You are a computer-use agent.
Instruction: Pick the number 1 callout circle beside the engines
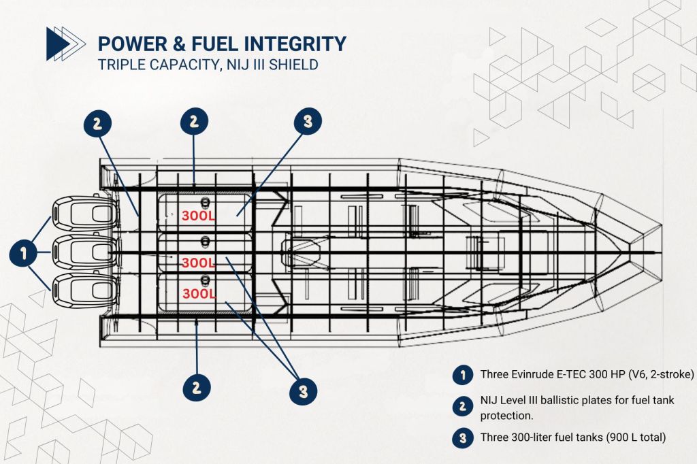coord(24,254)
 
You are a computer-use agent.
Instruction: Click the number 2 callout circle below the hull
coord(196,388)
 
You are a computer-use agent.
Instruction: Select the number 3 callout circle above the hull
coord(307,122)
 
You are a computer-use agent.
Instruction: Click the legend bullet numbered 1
coord(463,374)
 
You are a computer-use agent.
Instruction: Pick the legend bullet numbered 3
coord(463,437)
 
